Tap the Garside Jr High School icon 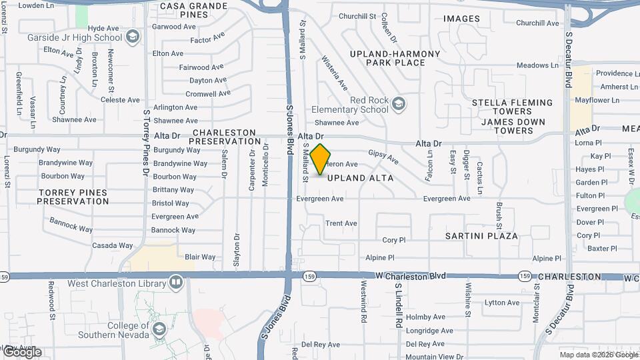tap(132, 37)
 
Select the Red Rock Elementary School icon tap(398, 103)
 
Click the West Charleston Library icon tap(176, 282)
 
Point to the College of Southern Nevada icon tap(160, 329)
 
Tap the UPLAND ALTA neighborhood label tap(360, 178)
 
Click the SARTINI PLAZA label tap(482, 236)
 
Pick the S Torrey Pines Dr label tap(146, 143)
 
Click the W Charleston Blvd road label tap(410, 275)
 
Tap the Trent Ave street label tap(341, 223)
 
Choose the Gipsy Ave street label tap(383, 157)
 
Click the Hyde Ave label tap(103, 28)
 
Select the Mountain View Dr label tap(434, 357)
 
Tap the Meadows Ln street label tap(537, 65)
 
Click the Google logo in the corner tap(21, 352)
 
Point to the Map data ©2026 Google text tap(599, 355)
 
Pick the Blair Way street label tap(200, 257)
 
